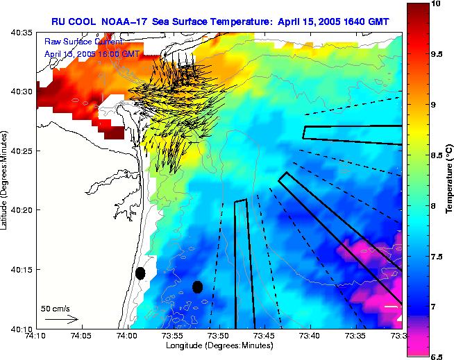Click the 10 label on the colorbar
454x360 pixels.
point(435,4)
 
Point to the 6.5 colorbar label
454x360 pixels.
point(437,357)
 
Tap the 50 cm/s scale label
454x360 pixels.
point(56,308)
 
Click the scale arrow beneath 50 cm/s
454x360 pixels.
point(62,319)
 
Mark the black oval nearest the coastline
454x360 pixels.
point(140,273)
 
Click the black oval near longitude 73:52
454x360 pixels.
point(197,286)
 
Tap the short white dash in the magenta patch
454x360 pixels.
point(392,305)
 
